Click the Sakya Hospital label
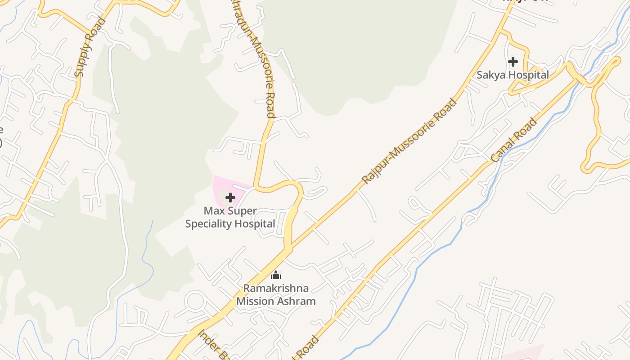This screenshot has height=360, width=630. (513, 75)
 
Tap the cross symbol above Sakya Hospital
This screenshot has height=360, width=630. (513, 62)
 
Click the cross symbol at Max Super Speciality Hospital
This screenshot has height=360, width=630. (230, 198)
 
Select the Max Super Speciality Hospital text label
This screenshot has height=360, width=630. (230, 217)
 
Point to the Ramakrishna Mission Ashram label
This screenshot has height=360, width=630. (276, 295)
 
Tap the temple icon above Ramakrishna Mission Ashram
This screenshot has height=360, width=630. (276, 275)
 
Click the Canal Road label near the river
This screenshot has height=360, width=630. (514, 140)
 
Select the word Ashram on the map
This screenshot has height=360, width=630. (296, 301)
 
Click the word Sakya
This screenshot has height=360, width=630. (490, 75)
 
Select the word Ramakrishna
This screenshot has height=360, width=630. (276, 288)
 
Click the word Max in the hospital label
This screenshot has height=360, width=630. (213, 211)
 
